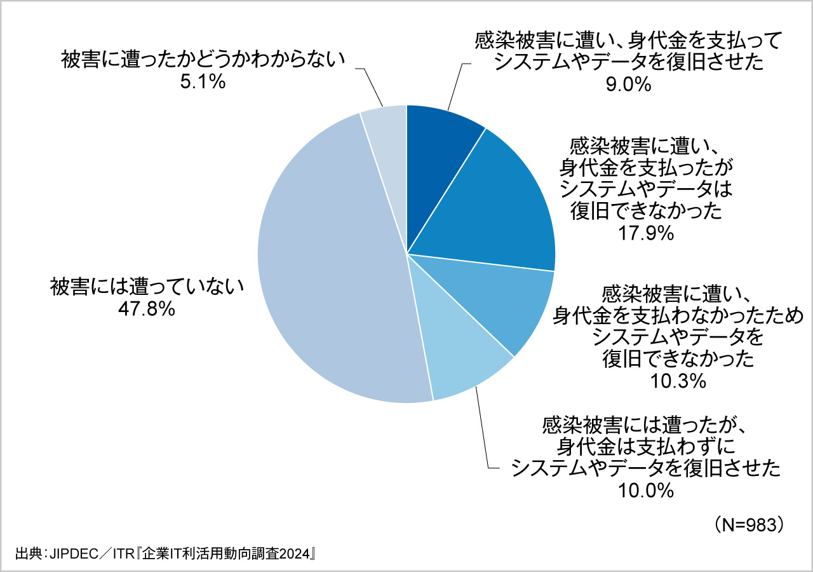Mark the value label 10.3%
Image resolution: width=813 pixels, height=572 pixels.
(x=678, y=381)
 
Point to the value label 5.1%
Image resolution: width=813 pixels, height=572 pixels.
(x=203, y=82)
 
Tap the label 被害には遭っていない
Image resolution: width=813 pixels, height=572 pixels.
(x=147, y=287)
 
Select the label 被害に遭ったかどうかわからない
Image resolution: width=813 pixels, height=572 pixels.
(x=203, y=60)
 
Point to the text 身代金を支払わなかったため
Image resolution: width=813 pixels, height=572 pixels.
(x=678, y=314)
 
